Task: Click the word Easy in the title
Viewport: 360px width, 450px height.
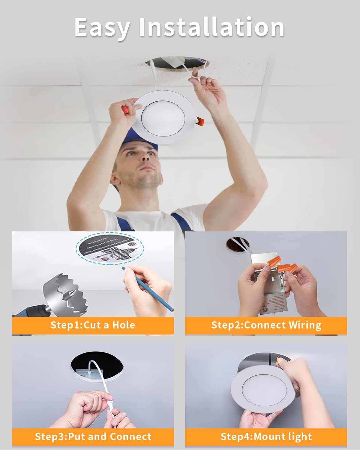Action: (x=102, y=28)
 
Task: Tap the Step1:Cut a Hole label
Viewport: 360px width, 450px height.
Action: (x=93, y=325)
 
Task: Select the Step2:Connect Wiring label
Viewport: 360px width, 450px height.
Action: (x=266, y=325)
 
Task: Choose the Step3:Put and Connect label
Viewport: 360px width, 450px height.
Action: (x=93, y=437)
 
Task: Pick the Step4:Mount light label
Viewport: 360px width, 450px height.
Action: (x=266, y=437)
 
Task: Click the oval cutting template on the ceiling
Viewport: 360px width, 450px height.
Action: (x=110, y=248)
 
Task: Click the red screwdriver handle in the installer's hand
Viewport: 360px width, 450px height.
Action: (x=126, y=109)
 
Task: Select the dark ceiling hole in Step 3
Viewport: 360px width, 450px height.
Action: (x=97, y=367)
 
